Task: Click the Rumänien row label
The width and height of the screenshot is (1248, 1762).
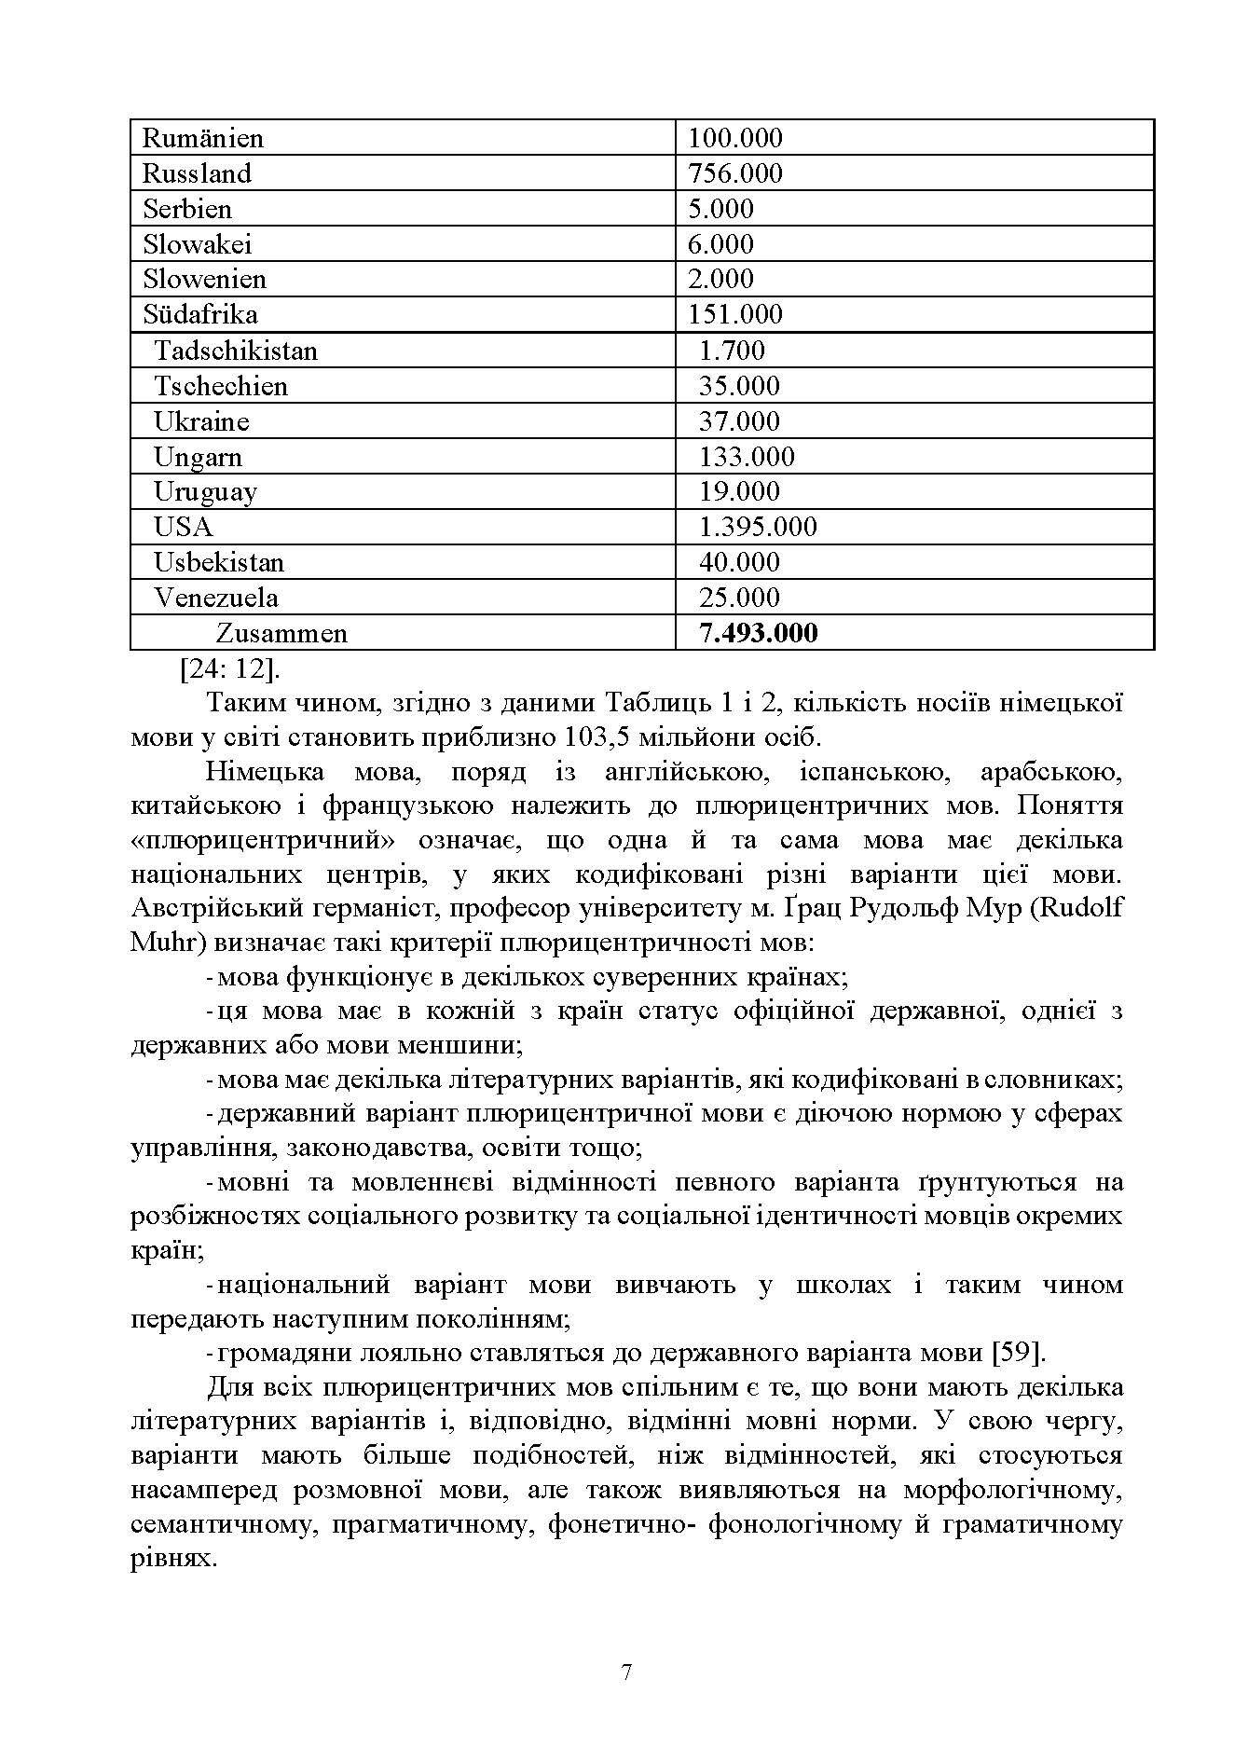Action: coord(202,139)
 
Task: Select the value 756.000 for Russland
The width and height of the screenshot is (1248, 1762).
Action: coord(734,173)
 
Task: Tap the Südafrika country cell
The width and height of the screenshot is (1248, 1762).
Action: coord(199,314)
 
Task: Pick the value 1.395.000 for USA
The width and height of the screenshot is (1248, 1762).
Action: coord(757,527)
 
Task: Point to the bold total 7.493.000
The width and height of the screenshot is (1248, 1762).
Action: coord(758,633)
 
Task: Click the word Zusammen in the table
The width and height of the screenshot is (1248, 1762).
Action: coord(281,633)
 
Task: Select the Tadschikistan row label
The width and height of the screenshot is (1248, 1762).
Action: coord(235,351)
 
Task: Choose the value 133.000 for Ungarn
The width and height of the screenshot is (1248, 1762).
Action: coord(747,457)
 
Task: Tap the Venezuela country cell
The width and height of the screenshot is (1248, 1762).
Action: coord(215,598)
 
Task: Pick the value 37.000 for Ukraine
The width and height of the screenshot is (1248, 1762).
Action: coord(739,421)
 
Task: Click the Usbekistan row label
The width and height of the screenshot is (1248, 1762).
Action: coord(218,562)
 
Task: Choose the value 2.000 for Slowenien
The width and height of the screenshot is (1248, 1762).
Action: coord(720,279)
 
